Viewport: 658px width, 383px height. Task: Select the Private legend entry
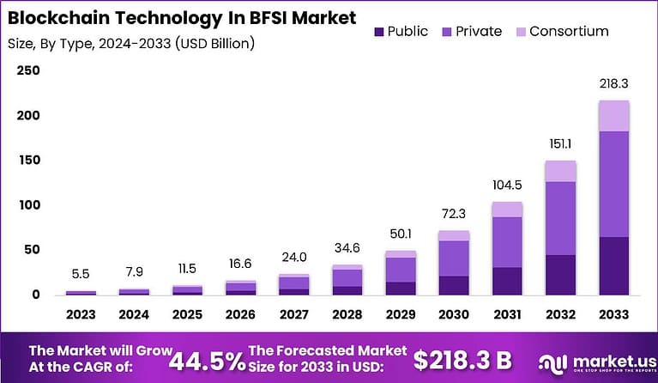coord(472,32)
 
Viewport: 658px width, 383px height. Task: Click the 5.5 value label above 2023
coord(81,274)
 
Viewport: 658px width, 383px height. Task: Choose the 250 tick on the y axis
coord(29,70)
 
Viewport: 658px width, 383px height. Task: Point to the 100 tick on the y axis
coord(29,205)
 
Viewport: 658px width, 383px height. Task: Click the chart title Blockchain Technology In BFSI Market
coord(182,17)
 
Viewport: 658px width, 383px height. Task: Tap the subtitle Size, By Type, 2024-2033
coord(131,42)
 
